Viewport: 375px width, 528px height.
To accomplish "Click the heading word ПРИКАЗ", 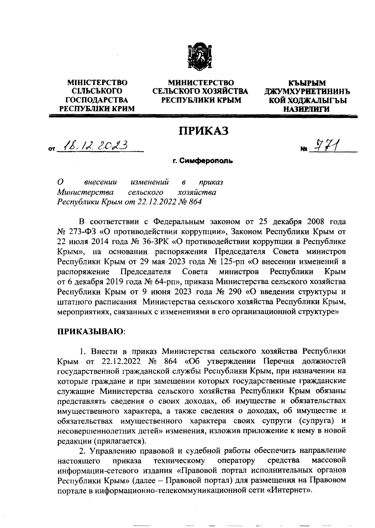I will tap(203, 130).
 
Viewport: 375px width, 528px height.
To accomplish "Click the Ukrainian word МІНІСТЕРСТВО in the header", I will tap(97, 83).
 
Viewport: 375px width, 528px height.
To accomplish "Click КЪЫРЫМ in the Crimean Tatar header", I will tap(307, 83).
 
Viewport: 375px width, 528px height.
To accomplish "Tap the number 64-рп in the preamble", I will tap(165, 282).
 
